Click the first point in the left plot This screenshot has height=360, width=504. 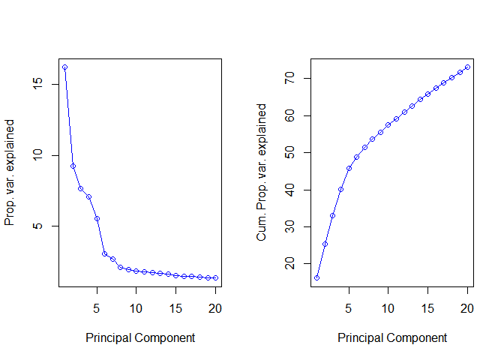click(x=64, y=67)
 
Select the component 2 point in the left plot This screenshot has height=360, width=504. click(x=73, y=166)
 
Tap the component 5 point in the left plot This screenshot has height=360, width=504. click(x=97, y=218)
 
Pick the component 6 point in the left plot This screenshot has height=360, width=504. click(x=104, y=253)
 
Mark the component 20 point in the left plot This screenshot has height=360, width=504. click(x=215, y=277)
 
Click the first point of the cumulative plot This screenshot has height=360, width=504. click(x=316, y=277)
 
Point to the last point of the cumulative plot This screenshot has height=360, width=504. click(x=467, y=67)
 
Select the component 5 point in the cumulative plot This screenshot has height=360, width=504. click(x=349, y=168)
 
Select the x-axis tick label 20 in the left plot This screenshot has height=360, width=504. click(x=215, y=307)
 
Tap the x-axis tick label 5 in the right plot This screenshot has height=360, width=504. click(x=349, y=307)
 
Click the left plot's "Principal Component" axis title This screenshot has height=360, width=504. click(x=140, y=338)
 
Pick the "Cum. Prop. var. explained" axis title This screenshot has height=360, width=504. click(x=262, y=172)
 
